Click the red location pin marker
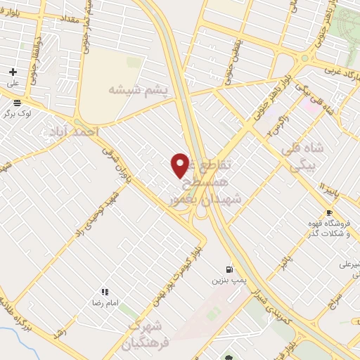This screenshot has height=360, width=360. coord(180,165)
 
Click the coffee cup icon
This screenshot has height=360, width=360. coord(328,213)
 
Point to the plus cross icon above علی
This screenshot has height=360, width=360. coord(13,72)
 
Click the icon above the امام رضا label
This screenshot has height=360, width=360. coord(105,292)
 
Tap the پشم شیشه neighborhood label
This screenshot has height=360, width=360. coord(139,89)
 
